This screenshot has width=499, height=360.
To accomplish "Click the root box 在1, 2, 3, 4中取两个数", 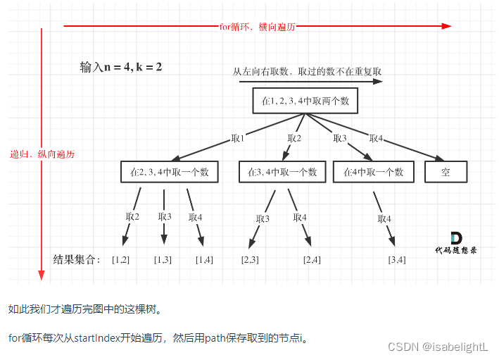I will (305, 101).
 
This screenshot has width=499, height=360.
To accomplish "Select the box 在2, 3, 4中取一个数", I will (169, 172).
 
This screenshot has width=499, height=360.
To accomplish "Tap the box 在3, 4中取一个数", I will (282, 172).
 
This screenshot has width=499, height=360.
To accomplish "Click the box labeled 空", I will (446, 172).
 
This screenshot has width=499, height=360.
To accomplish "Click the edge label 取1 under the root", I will (237, 139).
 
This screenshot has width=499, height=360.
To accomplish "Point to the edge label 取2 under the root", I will (294, 139).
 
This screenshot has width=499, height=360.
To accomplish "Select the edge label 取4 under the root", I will (376, 138).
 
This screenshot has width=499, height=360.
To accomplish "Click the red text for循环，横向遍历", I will (257, 27).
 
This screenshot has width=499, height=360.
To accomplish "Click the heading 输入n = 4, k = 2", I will (121, 68).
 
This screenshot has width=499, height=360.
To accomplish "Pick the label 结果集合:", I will (77, 259).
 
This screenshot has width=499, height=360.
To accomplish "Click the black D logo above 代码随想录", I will (456, 237).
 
